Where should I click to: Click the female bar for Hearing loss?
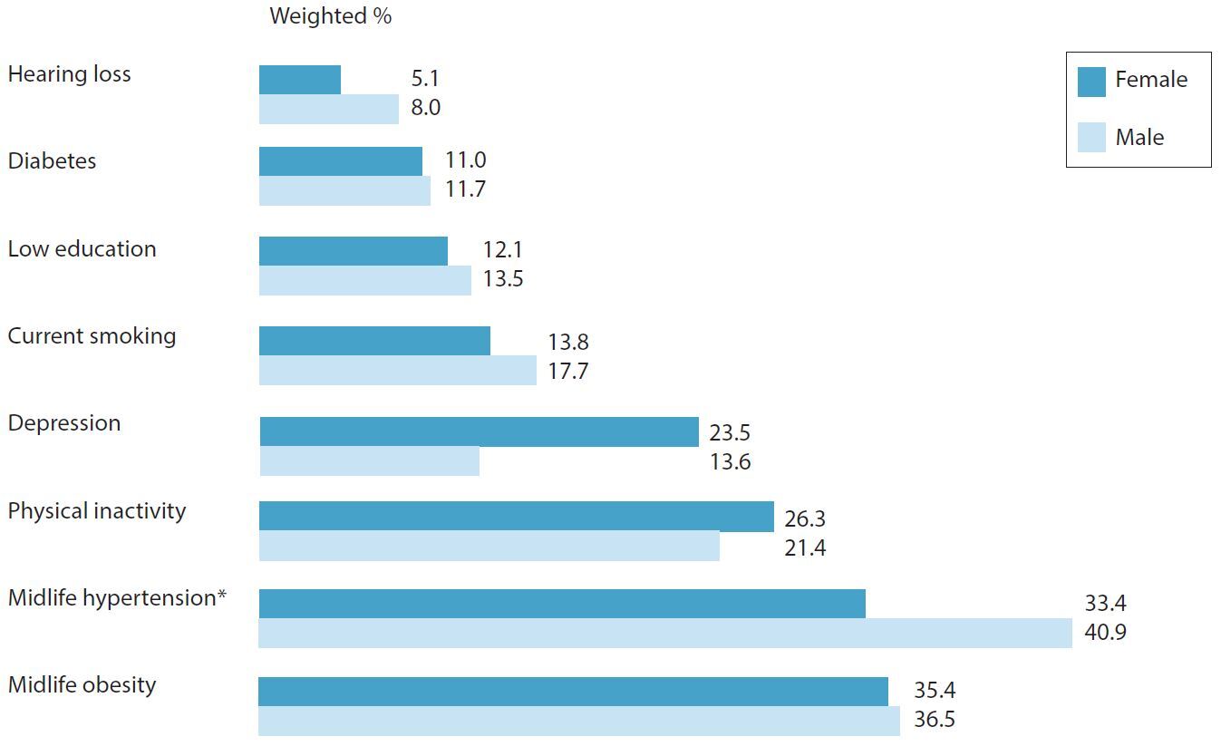(x=300, y=80)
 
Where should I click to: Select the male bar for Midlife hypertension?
(x=664, y=633)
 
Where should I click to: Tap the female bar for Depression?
(x=479, y=431)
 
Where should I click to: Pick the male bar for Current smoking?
(x=397, y=370)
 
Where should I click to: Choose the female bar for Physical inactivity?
(x=516, y=516)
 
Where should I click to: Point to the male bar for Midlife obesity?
(x=578, y=721)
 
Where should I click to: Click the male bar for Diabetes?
(x=344, y=190)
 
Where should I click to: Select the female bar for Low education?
(x=354, y=251)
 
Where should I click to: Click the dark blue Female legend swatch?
(x=1091, y=81)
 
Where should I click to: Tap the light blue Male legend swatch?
(x=1091, y=138)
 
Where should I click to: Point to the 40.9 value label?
(x=1105, y=633)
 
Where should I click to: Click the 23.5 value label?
(x=730, y=433)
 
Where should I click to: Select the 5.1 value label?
(x=425, y=79)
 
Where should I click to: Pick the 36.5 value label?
(x=935, y=721)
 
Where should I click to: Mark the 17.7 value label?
(x=567, y=371)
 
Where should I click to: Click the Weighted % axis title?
(x=331, y=16)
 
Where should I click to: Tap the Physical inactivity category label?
(x=97, y=511)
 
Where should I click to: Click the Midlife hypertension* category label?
(x=117, y=598)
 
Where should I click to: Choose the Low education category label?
(x=82, y=249)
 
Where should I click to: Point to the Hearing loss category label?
(x=69, y=74)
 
